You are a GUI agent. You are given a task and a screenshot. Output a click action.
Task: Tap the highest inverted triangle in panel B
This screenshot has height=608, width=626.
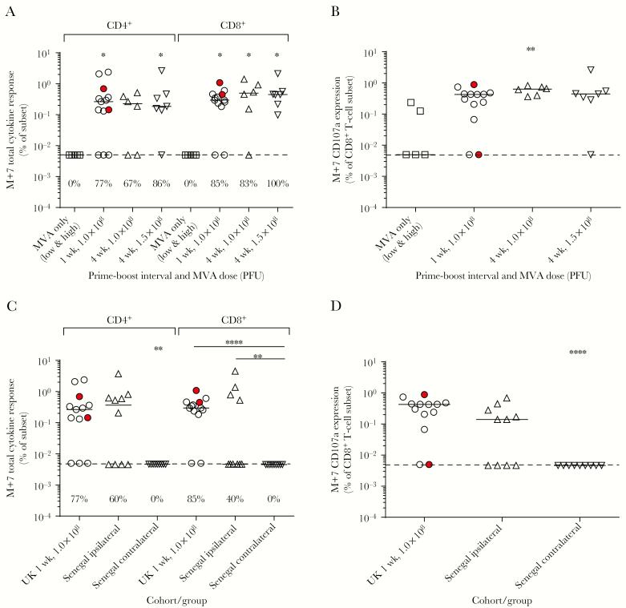click(591, 70)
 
